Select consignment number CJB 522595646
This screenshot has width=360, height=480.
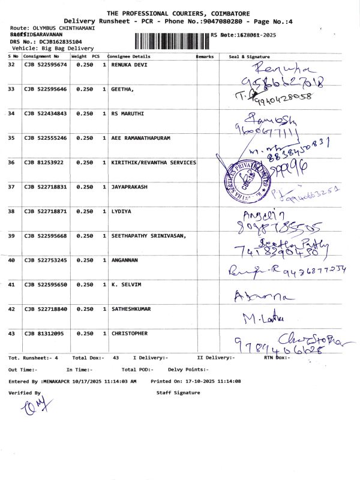pos(46,89)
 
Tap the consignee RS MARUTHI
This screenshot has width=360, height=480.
pos(128,113)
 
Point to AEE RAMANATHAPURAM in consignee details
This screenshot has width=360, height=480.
pos(141,138)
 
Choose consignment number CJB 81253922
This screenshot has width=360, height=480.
pos(44,163)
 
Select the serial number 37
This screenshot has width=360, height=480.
pos(11,187)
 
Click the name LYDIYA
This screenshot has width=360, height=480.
pos(122,211)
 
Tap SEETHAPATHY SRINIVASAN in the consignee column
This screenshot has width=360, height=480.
pos(148,236)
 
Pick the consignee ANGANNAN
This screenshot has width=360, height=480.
pos(126,260)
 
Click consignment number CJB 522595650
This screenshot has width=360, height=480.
pos(46,285)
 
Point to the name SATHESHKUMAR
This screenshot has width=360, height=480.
pos(131,309)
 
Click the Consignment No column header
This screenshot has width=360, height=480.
pos(41,56)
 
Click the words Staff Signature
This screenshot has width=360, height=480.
pos(178,392)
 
